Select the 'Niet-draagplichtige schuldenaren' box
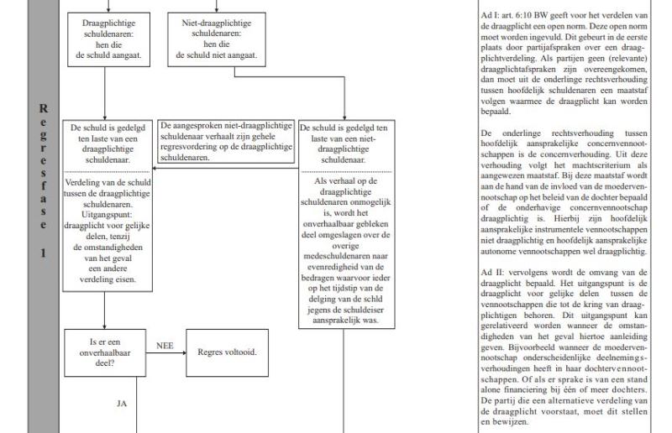coord(215,37)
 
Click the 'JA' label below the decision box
coord(122,404)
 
